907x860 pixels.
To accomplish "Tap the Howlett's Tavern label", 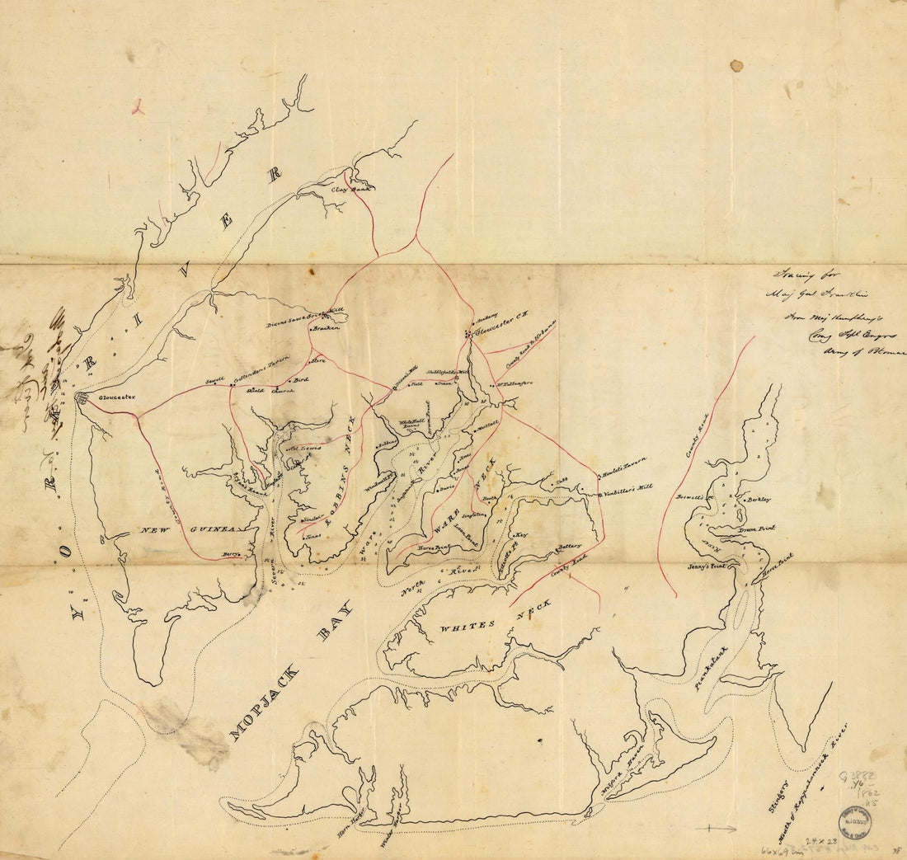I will tap(623, 466).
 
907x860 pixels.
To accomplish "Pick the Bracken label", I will tap(327, 328).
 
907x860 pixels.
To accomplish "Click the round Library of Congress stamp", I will tap(854, 821).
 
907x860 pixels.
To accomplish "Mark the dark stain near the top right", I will tap(735, 65).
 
